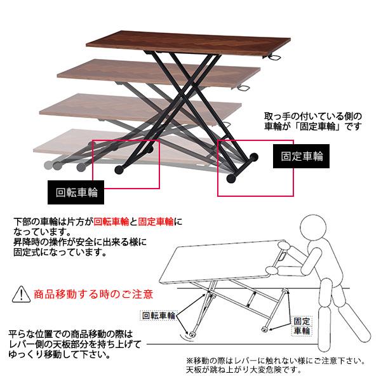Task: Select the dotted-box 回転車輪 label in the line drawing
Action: coord(158,315)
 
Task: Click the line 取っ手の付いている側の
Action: coord(314,117)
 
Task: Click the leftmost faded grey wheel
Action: coord(48,164)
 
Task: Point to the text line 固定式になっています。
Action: coord(58,252)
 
